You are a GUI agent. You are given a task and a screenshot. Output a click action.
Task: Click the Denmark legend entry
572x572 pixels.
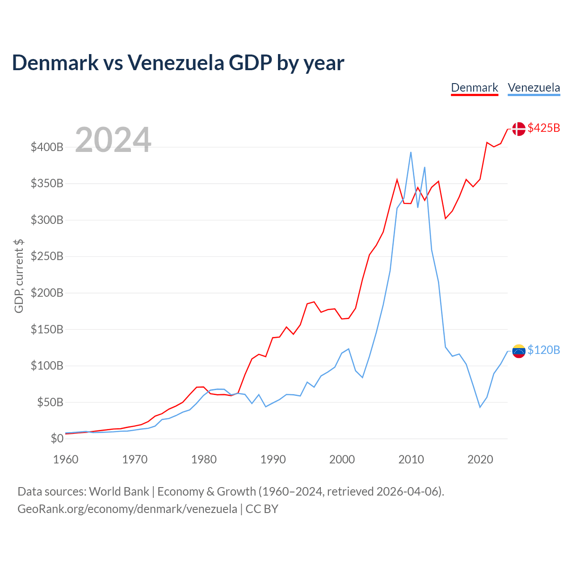474,88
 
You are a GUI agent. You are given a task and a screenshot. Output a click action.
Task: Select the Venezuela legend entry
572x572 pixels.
534,88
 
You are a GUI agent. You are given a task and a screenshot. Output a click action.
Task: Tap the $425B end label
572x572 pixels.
543,128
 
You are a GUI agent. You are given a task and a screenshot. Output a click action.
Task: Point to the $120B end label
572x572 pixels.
543,350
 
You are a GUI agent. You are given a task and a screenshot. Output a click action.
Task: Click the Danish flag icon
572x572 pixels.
518,129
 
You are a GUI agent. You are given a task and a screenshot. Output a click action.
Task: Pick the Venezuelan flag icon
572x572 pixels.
518,351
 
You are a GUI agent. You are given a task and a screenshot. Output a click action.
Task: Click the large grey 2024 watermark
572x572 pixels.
113,140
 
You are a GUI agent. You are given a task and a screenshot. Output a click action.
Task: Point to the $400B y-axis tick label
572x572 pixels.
47,147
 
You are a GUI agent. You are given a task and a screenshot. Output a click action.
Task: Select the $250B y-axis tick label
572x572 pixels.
47,257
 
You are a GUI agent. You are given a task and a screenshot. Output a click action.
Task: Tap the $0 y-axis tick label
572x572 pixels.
57,438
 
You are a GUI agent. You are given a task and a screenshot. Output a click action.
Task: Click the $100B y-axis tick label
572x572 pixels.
47,366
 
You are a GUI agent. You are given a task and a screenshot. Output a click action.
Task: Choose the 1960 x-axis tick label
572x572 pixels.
66,459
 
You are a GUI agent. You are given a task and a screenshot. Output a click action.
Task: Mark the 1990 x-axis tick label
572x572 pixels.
273,459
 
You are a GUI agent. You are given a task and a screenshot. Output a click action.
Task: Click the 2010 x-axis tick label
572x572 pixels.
411,459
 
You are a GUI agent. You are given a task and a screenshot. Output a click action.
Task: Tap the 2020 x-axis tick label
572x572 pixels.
480,459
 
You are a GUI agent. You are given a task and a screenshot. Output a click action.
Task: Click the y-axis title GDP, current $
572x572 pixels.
19,276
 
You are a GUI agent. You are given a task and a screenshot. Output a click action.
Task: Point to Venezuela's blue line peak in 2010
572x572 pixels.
411,152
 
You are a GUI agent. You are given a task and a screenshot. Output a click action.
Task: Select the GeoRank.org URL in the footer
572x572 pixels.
127,509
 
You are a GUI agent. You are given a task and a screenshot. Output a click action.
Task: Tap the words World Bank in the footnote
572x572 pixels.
119,492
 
